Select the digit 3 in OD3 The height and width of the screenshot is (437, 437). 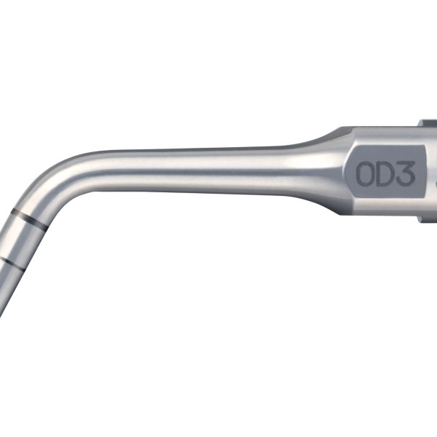point(406,173)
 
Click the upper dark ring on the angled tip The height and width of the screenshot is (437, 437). point(29,216)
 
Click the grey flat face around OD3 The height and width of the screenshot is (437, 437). point(386,173)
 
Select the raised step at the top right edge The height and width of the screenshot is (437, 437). point(427,123)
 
